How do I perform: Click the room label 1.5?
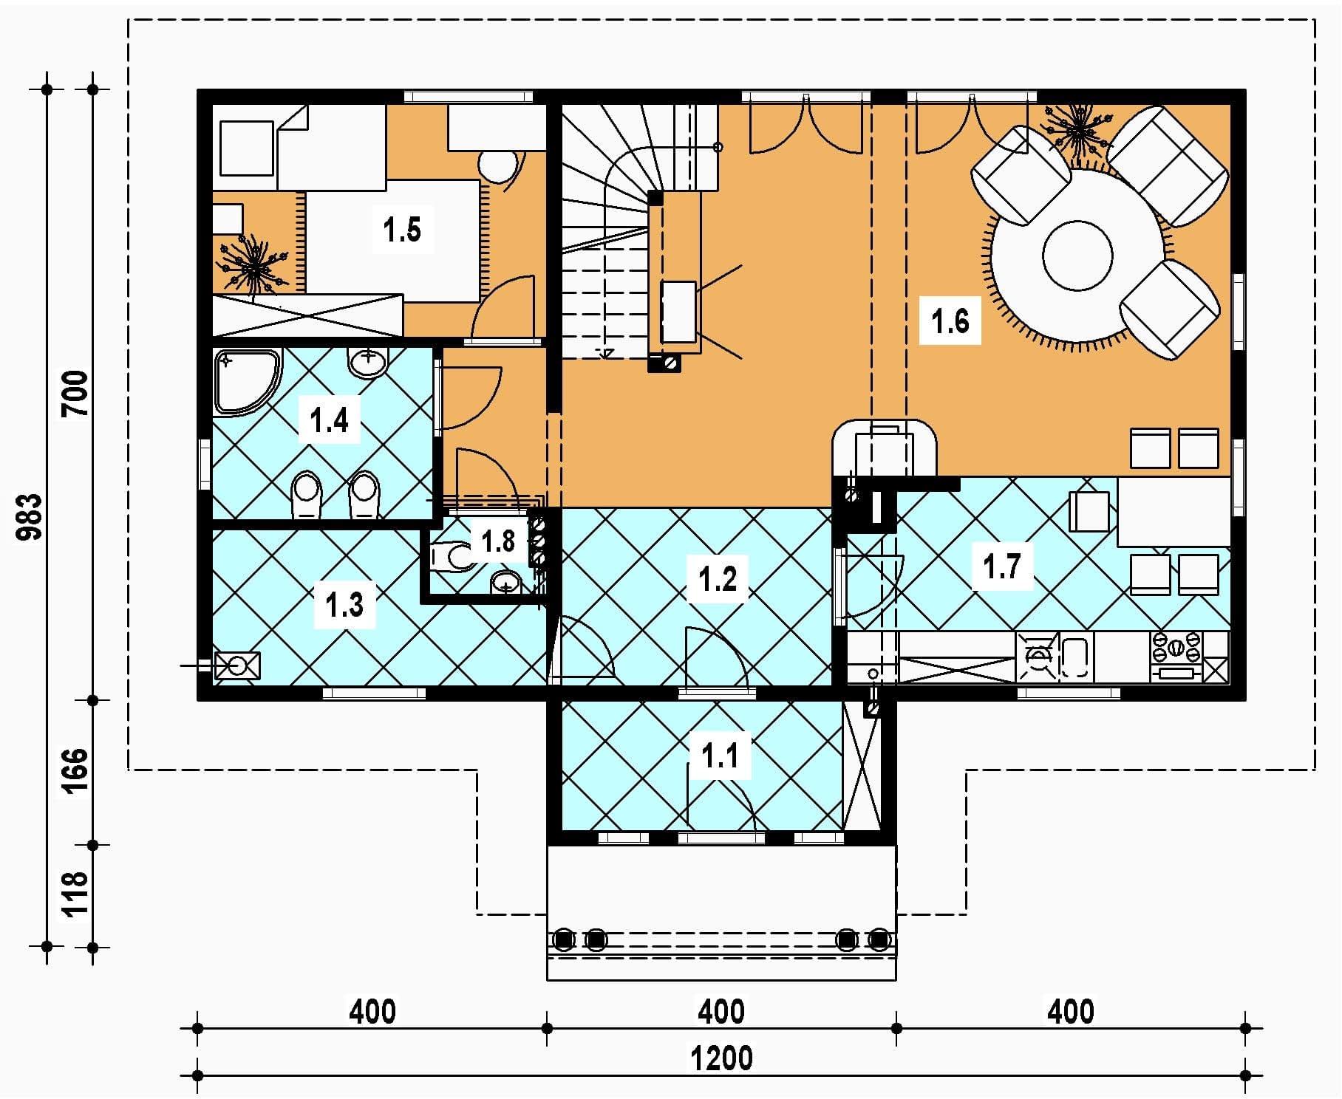(402, 230)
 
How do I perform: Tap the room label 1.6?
(950, 321)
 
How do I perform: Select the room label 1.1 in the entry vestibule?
(720, 756)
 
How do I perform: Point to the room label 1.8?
(497, 541)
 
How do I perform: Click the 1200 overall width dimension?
(721, 1058)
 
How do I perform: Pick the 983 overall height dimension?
(31, 517)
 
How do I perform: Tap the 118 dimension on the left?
(77, 894)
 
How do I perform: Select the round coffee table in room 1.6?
(1077, 256)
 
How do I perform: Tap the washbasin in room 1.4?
(367, 363)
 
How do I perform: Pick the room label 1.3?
(344, 605)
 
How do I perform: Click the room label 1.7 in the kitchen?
(1001, 566)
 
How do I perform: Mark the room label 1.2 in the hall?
(718, 578)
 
